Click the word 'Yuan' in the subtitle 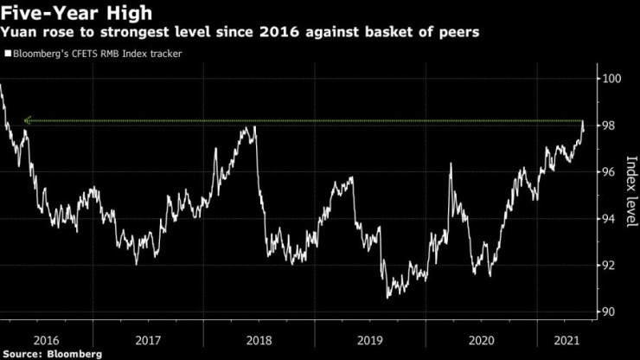[x=21, y=33]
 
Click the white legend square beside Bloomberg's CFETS [x=7, y=54]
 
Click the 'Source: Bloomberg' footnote [x=53, y=353]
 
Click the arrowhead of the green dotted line [x=28, y=121]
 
